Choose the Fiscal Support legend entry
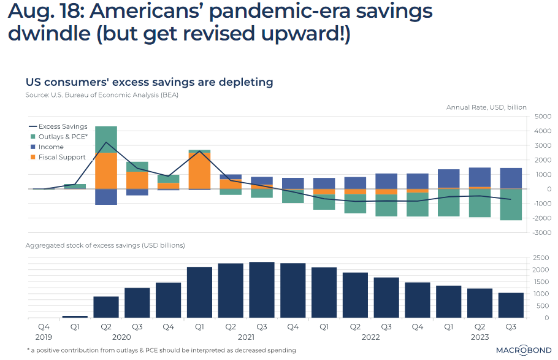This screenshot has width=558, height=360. tap(62, 157)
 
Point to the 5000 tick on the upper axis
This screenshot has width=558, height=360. tap(543, 117)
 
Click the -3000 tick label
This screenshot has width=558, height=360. tap(541, 233)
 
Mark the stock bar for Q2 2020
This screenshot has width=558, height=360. tap(106, 307)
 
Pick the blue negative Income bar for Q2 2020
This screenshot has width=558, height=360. tap(106, 196)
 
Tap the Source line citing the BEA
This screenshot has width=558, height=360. tap(101, 95)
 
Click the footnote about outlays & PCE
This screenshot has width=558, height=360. tap(161, 350)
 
